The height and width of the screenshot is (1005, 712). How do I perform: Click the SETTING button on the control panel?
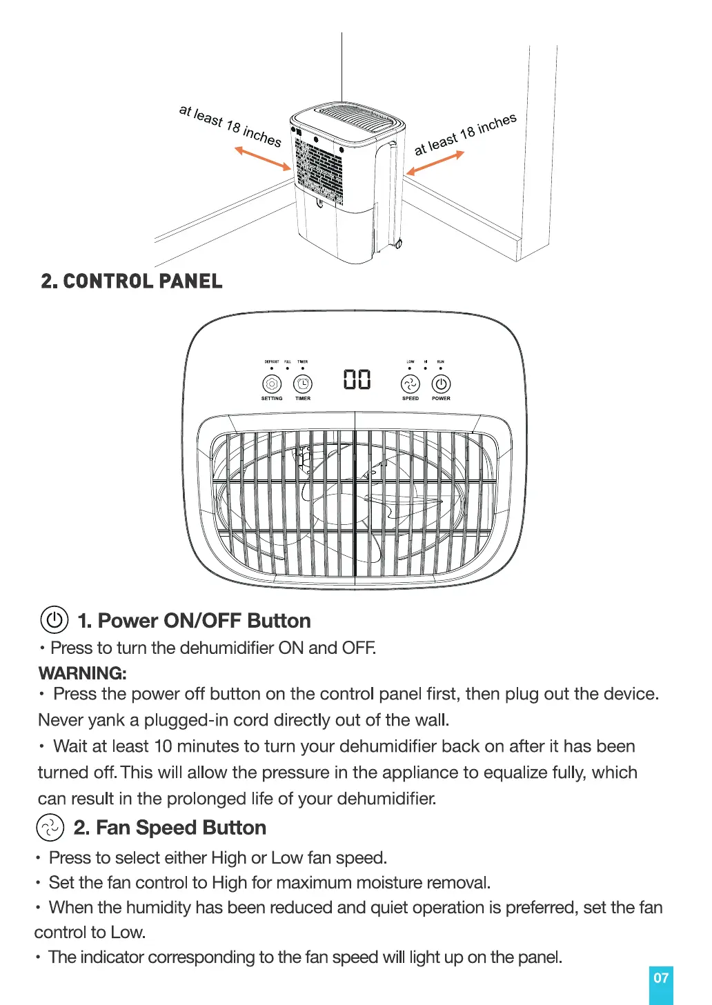pyautogui.click(x=272, y=384)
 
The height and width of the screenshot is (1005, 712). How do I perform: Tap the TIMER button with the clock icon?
pyautogui.click(x=303, y=384)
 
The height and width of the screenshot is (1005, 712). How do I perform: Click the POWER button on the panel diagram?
pyautogui.click(x=441, y=384)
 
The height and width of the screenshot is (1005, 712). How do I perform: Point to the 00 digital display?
pyautogui.click(x=357, y=380)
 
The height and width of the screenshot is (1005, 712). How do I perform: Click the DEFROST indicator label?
pyautogui.click(x=272, y=361)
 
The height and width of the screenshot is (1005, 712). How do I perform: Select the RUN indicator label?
pyautogui.click(x=441, y=361)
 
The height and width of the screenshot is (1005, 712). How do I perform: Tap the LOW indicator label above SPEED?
pyautogui.click(x=411, y=361)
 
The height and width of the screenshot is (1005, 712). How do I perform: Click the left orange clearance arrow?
pyautogui.click(x=263, y=158)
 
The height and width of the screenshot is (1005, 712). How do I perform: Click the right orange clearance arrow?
pyautogui.click(x=435, y=163)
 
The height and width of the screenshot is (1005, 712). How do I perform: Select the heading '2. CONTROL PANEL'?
pyautogui.click(x=132, y=281)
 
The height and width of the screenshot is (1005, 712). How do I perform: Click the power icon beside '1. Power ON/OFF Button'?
pyautogui.click(x=55, y=620)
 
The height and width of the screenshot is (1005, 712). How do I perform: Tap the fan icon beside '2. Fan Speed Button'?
pyautogui.click(x=50, y=827)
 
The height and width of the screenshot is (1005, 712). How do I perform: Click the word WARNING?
pyautogui.click(x=83, y=673)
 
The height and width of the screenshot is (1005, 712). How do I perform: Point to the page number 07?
pyautogui.click(x=661, y=978)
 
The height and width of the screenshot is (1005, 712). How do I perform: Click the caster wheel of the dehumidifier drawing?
pyautogui.click(x=399, y=244)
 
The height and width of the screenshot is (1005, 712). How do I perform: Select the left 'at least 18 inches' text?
pyautogui.click(x=230, y=126)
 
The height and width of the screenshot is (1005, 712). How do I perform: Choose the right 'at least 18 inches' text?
pyautogui.click(x=465, y=135)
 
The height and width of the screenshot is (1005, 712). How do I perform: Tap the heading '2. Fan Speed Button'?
pyautogui.click(x=170, y=827)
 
